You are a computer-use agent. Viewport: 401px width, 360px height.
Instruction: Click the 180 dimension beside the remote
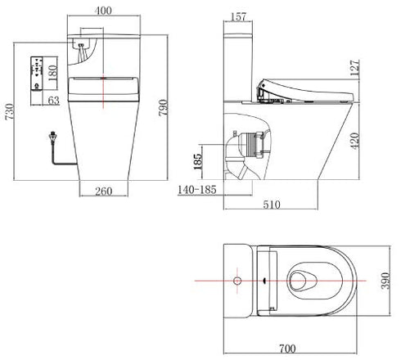(x=52, y=73)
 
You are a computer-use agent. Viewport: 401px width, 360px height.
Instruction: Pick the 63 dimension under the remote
(x=53, y=101)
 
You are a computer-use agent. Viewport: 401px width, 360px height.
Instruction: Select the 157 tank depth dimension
(x=239, y=16)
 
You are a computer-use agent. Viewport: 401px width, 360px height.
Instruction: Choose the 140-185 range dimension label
(x=197, y=190)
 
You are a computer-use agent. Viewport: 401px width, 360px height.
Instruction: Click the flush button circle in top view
(x=238, y=281)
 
